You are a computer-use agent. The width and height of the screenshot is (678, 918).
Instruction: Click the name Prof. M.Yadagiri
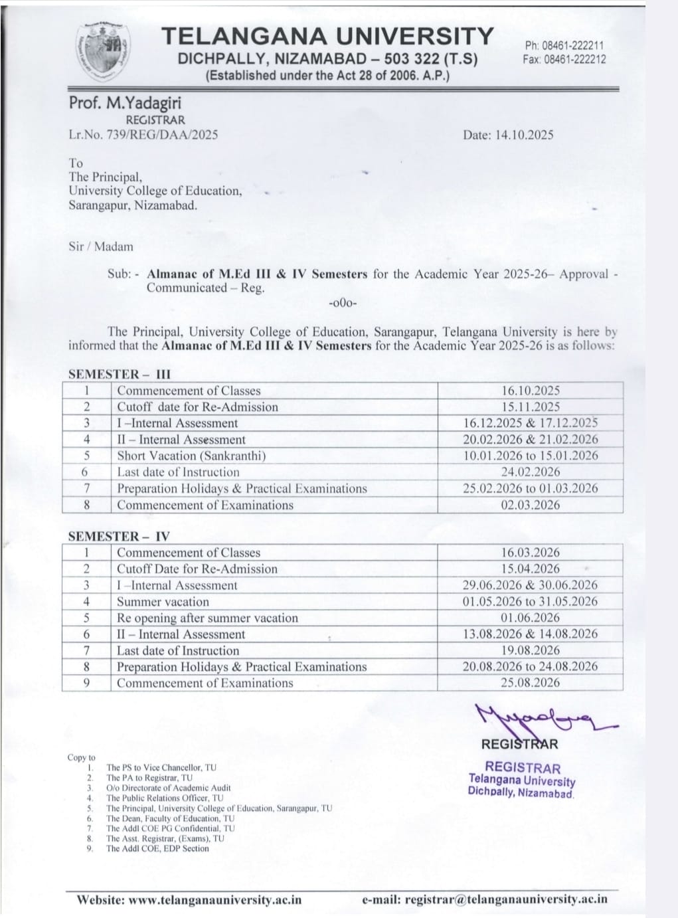(124, 103)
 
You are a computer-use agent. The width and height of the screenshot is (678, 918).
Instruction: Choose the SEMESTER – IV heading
(119, 536)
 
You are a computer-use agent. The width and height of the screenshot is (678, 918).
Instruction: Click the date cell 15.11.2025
(530, 407)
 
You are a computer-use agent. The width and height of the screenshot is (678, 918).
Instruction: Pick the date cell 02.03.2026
(530, 505)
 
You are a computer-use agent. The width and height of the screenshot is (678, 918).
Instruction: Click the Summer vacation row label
(163, 602)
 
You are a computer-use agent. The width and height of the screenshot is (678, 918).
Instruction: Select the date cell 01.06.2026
(530, 618)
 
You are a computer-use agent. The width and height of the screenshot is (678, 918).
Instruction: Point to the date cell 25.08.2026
(530, 683)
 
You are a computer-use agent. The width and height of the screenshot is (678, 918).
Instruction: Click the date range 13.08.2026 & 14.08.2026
(530, 634)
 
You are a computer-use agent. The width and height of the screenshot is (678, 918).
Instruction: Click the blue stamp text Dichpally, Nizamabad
(521, 792)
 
